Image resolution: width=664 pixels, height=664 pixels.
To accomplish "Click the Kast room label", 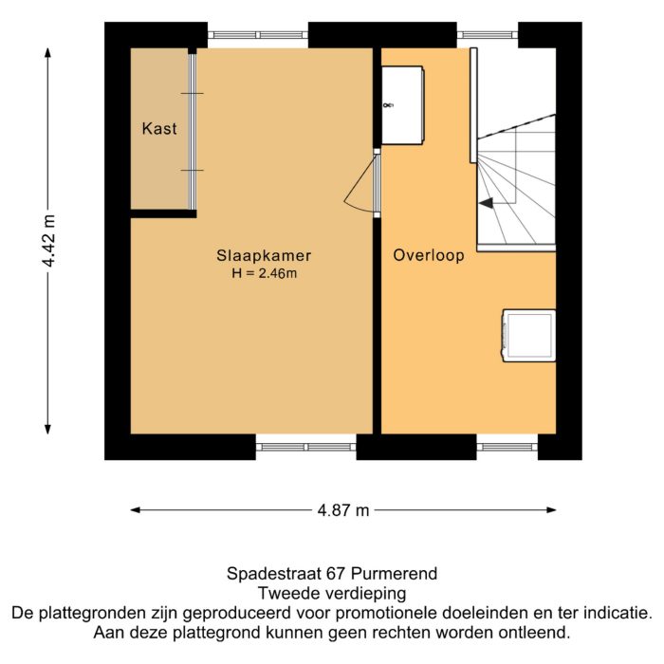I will click(159, 129).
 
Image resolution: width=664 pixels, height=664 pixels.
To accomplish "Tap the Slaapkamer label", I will click(264, 256).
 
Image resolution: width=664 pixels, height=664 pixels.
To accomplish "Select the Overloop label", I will click(429, 255).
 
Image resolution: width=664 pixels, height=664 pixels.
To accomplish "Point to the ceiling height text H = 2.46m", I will click(264, 274).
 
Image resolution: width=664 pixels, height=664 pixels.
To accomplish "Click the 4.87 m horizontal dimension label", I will click(343, 511).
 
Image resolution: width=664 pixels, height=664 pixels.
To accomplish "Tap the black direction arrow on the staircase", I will click(486, 202).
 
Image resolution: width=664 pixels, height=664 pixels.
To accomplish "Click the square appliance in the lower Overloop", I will click(528, 335).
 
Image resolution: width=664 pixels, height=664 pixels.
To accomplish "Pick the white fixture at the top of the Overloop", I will click(403, 104).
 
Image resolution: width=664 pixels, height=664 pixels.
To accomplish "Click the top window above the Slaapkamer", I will click(258, 35).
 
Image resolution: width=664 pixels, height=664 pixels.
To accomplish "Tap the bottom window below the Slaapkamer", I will click(305, 447).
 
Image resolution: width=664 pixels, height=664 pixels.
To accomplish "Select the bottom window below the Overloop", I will click(507, 447).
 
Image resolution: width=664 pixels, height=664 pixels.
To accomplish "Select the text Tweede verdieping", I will click(331, 594).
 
